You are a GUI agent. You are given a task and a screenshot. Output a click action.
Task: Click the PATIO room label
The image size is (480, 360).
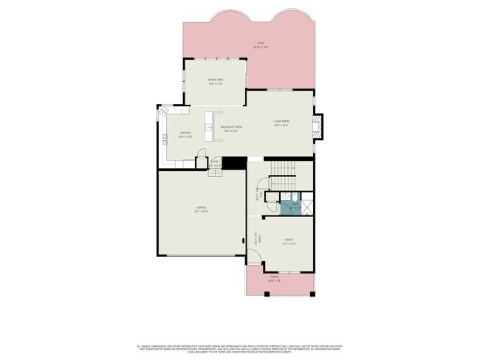tap(261, 44)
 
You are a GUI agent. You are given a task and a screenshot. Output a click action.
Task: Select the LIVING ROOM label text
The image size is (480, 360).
tap(281, 122)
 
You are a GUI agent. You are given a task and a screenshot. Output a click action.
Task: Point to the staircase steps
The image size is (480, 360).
tap(283, 177)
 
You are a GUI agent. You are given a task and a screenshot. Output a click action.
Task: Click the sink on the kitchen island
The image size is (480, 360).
tap(210, 127)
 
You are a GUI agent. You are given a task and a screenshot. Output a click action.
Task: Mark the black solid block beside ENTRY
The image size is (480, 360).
tap(234, 164)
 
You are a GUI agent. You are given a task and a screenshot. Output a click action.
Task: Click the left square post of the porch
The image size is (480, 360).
tap(248, 294)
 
